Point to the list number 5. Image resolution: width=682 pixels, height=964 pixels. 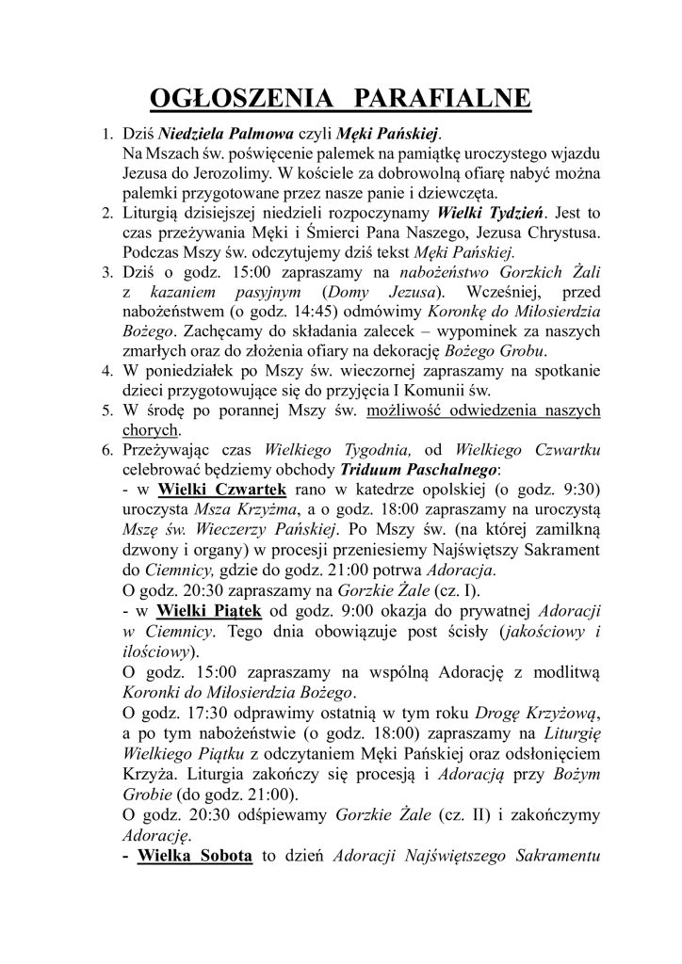(106, 411)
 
